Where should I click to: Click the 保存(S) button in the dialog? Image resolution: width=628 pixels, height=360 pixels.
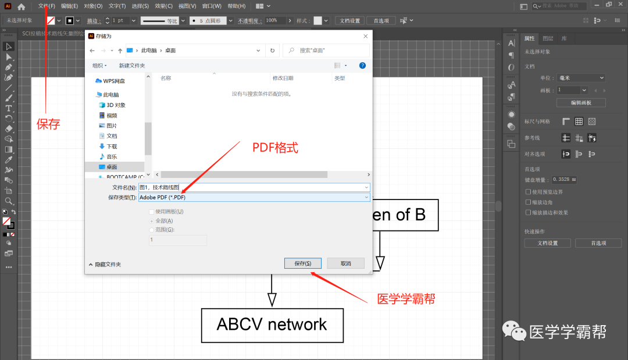click(303, 263)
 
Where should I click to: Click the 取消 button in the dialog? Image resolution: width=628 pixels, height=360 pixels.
click(345, 263)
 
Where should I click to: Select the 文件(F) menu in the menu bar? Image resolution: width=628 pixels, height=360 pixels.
click(47, 6)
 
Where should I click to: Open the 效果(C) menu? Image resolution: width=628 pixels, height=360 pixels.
click(163, 6)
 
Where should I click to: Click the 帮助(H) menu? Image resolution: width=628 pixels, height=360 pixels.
click(237, 6)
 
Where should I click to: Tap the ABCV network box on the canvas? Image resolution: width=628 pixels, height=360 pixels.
click(272, 325)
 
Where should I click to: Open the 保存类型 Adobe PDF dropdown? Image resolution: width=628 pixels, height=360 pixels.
click(254, 197)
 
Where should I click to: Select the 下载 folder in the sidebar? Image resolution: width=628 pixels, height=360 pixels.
click(112, 147)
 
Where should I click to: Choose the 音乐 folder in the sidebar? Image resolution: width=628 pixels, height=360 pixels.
click(112, 156)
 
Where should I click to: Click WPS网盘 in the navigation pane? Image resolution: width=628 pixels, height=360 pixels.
click(113, 81)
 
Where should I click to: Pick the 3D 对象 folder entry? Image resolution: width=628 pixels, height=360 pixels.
click(115, 105)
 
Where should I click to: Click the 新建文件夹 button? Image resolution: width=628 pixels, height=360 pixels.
click(132, 66)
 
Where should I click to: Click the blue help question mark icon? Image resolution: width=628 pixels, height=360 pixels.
click(362, 66)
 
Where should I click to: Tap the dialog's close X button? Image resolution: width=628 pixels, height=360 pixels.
click(365, 36)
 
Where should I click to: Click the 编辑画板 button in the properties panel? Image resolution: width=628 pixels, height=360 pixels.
click(580, 102)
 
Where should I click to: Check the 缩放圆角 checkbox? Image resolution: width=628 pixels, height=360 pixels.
click(527, 202)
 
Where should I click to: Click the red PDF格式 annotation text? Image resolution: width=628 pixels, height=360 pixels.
click(275, 148)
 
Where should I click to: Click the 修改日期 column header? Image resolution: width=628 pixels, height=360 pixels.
click(283, 78)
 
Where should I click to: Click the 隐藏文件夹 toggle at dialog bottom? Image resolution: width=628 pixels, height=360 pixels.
click(105, 264)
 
